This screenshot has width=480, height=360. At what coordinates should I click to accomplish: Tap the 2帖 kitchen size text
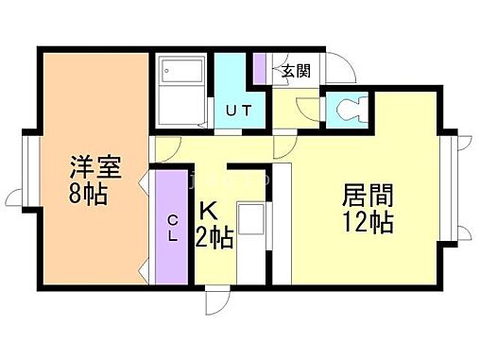point(215,235)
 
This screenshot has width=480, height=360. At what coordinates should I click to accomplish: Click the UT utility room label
point(238,110)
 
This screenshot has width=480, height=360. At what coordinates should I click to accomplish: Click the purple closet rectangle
point(172,227)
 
